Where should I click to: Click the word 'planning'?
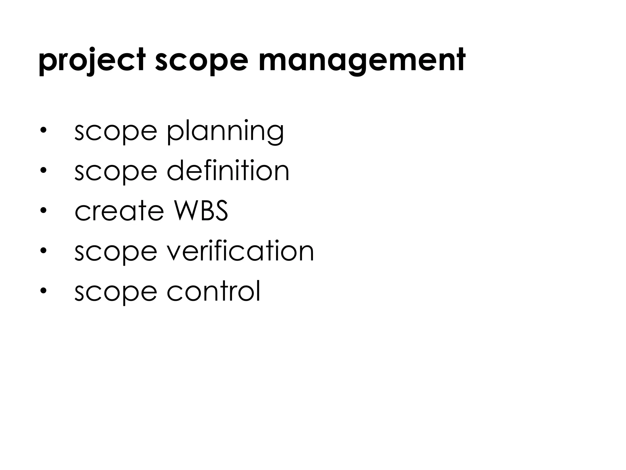[225, 132]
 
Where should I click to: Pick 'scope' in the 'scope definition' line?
[116, 171]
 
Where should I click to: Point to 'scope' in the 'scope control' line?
[116, 292]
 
